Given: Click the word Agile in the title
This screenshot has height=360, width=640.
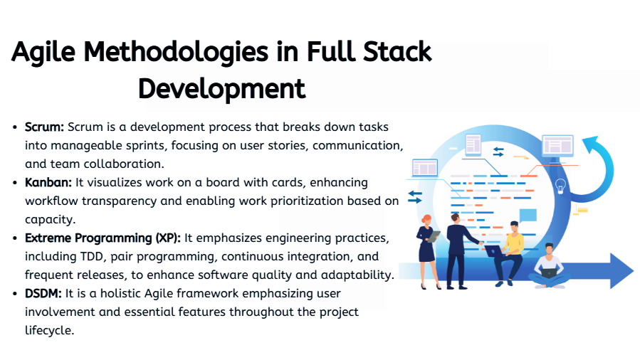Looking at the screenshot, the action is coord(43,53).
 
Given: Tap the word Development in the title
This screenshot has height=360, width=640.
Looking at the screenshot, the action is coord(221,89).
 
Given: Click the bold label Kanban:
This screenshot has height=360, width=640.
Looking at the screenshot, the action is coord(48,182).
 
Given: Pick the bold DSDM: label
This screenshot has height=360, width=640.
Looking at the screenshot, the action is coord(43,293).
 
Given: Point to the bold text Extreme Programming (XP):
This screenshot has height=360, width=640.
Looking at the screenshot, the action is coord(103,238).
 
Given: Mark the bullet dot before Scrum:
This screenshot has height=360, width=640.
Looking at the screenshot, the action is coord(15,127).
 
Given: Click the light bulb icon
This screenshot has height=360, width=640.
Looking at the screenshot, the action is coord(561,186).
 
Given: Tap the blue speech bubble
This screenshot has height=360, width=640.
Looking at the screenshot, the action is coord(528,216).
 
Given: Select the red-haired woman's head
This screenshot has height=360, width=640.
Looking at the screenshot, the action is coord(427,220).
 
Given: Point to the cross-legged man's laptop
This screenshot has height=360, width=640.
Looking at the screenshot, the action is coord(549,272).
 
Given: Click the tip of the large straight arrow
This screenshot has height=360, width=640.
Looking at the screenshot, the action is coord(634,271).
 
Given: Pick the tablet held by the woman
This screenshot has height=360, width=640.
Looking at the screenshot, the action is coord(434,236).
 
